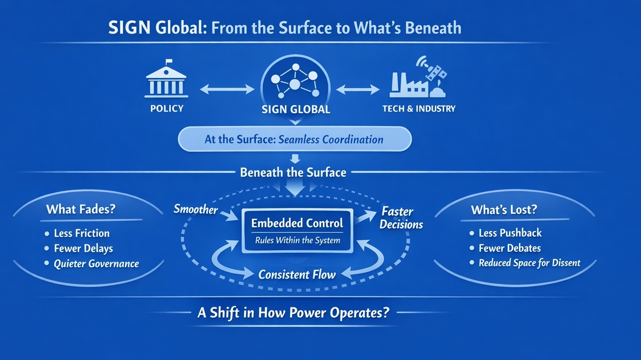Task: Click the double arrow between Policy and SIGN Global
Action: click(227, 89)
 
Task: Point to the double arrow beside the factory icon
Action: click(358, 89)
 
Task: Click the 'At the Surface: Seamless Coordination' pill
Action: click(295, 139)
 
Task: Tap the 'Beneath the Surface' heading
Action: click(293, 172)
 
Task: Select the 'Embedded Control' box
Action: click(297, 230)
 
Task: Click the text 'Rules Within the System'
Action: click(298, 240)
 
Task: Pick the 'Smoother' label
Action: click(195, 209)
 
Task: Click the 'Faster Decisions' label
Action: click(401, 218)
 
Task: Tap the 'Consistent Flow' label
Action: click(297, 274)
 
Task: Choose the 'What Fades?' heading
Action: click(81, 209)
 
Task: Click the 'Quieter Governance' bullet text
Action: click(96, 264)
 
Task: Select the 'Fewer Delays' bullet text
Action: click(83, 248)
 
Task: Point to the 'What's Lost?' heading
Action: click(504, 209)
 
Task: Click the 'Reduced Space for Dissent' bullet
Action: click(529, 263)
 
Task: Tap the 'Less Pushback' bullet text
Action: click(510, 233)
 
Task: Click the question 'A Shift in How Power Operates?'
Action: click(293, 312)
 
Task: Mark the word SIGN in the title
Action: click(129, 28)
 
